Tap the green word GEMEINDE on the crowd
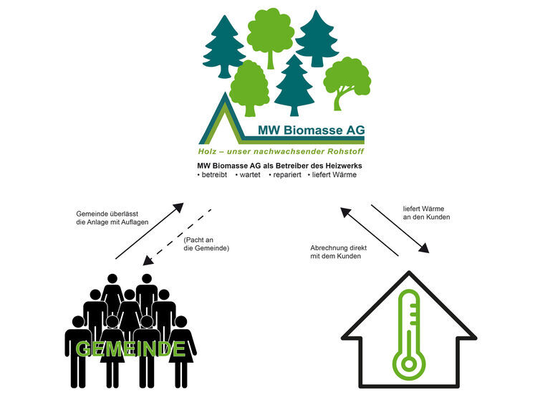pyautogui.click(x=130, y=349)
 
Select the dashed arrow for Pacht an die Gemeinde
pyautogui.click(x=177, y=236)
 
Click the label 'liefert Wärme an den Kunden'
pyautogui.click(x=426, y=212)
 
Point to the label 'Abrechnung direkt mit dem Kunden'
pyautogui.click(x=339, y=252)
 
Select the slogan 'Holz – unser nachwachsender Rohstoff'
pyautogui.click(x=281, y=152)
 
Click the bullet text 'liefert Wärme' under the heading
pyautogui.click(x=334, y=175)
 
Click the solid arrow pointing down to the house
pyautogui.click(x=400, y=229)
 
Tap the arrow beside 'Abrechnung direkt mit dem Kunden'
pyautogui.click(x=370, y=232)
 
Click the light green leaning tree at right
pyautogui.click(x=347, y=82)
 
